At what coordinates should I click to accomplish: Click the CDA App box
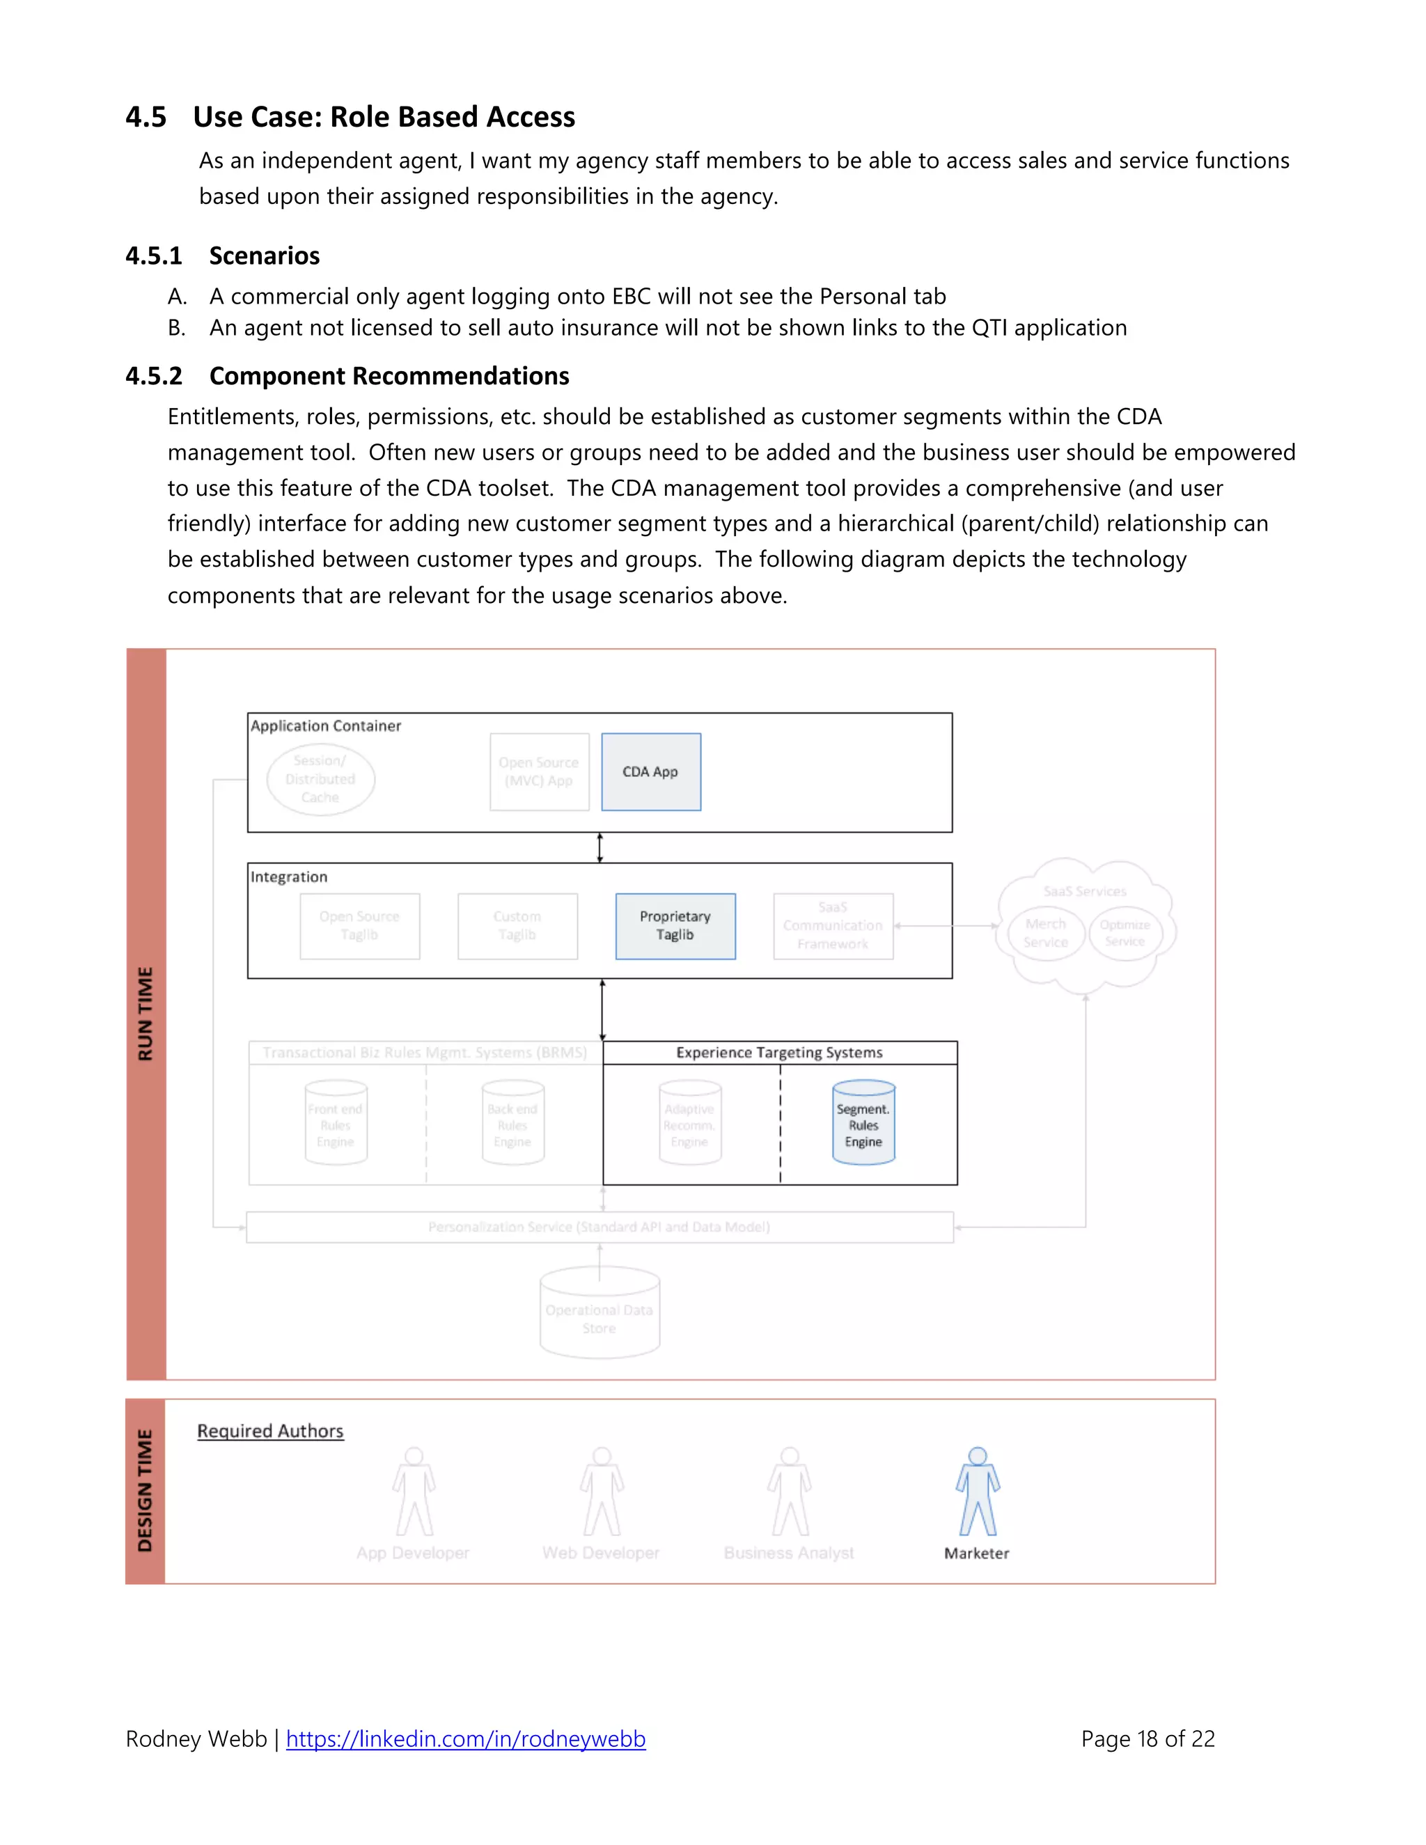point(650,771)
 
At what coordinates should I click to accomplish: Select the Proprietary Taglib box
point(675,926)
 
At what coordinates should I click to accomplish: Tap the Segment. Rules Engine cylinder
point(863,1124)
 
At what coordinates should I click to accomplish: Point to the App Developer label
point(412,1553)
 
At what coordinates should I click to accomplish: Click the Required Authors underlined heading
point(270,1431)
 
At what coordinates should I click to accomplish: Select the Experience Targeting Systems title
point(779,1053)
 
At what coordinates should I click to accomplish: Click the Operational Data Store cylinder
point(600,1314)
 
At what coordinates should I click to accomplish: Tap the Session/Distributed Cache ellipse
point(320,779)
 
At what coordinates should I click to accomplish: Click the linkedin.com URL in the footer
point(466,1738)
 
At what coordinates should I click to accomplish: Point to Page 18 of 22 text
point(1147,1738)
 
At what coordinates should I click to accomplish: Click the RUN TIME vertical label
point(146,1014)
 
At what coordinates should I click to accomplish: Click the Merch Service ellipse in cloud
point(1045,934)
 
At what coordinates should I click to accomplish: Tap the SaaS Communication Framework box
point(833,926)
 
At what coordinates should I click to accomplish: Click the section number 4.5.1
point(153,256)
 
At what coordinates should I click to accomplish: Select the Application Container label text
point(325,725)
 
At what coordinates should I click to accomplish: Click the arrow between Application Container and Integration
point(600,847)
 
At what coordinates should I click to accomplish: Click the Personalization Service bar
point(599,1227)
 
